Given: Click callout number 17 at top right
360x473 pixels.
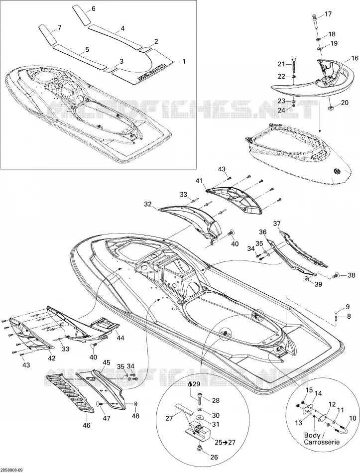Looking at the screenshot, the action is pyautogui.click(x=328, y=14).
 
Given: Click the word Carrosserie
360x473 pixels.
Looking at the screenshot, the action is pyautogui.click(x=322, y=442).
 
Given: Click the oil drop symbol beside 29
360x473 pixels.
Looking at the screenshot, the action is pyautogui.click(x=189, y=384).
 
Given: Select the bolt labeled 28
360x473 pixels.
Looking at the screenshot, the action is pyautogui.click(x=200, y=400).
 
